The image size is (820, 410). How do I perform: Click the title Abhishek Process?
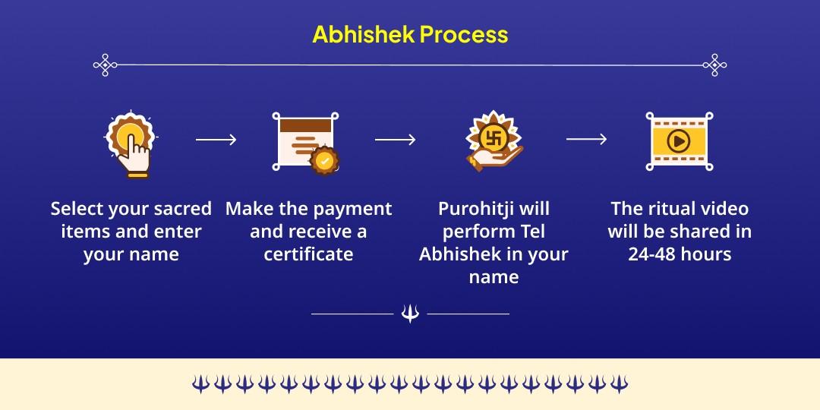(410, 34)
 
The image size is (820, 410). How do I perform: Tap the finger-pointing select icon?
(131, 145)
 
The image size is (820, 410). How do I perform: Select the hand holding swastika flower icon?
(494, 141)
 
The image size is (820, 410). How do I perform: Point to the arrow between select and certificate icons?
(216, 140)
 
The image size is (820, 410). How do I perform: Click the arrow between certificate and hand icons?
(396, 140)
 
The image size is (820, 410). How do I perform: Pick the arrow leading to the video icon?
(587, 139)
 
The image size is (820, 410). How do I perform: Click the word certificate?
(308, 254)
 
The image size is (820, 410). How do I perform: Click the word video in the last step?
(724, 209)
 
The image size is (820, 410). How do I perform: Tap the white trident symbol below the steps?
(410, 314)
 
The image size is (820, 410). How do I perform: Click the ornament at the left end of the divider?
(105, 65)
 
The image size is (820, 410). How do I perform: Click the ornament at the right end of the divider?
(715, 65)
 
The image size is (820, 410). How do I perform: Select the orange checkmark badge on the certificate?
(324, 160)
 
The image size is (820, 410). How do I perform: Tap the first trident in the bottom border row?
(200, 384)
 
